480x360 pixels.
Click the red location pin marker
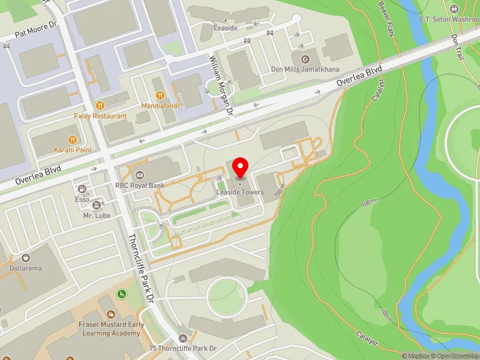[241, 166]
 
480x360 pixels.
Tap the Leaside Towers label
[241, 192]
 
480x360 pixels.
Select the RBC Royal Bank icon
[139, 175]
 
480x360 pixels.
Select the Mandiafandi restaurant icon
[160, 95]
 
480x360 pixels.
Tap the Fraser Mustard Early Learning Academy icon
[110, 314]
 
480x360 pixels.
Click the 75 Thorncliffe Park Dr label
[183, 349]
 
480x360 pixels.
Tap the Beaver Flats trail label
[387, 17]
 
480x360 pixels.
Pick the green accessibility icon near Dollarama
[121, 294]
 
